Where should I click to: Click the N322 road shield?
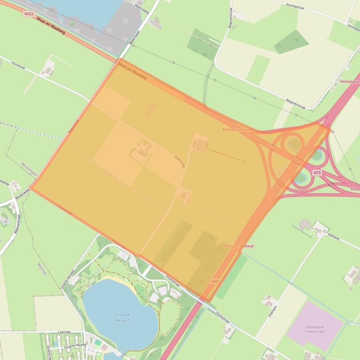[x=29, y=14]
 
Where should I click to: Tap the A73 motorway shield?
[x=317, y=173]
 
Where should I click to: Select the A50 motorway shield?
[x=214, y=281]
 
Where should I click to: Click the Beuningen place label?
[x=29, y=171]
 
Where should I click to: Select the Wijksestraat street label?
[x=17, y=224]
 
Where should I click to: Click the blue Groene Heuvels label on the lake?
[x=123, y=317]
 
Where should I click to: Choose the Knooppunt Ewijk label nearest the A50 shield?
[x=238, y=246]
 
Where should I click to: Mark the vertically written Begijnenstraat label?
[x=230, y=21]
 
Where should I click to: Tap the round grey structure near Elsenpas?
[x=305, y=225]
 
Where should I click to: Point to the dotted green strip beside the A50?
[x=232, y=276]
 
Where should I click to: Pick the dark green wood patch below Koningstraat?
[x=291, y=42]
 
